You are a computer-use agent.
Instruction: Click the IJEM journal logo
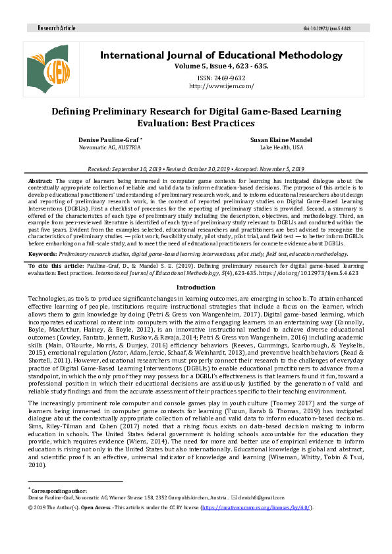(x=48, y=66)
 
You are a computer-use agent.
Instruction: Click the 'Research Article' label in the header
(x=57, y=29)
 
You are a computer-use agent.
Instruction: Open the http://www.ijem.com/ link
(x=221, y=86)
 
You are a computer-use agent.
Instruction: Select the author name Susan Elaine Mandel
(x=277, y=141)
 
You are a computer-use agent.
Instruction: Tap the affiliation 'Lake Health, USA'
(x=277, y=149)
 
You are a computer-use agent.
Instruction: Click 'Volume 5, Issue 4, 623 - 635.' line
(x=221, y=66)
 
